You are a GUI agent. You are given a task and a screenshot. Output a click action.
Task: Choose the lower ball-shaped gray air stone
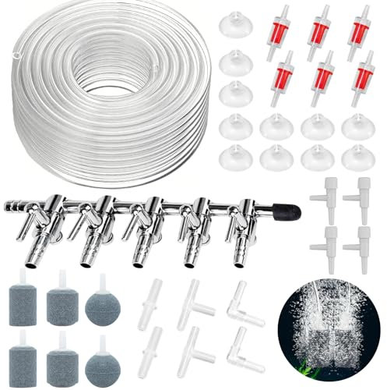coord(99,355)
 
